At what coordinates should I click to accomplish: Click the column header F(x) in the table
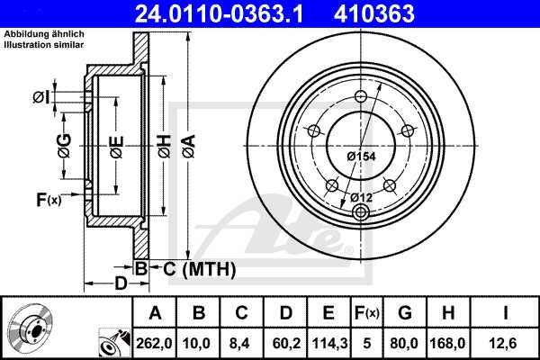368,313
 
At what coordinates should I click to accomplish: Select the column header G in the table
405,313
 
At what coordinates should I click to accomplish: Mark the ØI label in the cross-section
40,97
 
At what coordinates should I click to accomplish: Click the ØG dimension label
66,143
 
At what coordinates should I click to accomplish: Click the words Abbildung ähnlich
44,33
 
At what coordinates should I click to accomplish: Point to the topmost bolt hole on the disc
361,98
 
